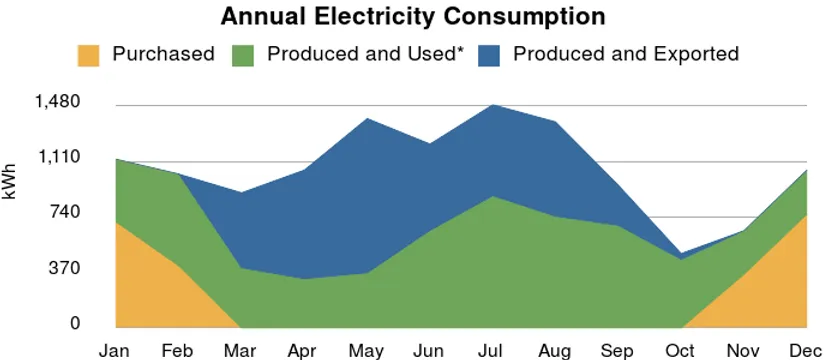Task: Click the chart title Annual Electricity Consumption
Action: point(413,16)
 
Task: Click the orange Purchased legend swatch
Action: point(88,56)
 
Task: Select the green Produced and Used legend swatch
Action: point(243,56)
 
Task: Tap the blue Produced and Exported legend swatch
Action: point(489,56)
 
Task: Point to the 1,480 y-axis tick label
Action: point(58,101)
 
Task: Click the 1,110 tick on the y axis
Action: point(58,157)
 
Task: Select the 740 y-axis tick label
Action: point(65,212)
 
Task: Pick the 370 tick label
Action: point(65,268)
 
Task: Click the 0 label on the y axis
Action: point(75,323)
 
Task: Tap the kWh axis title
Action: point(10,181)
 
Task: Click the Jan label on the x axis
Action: point(115,350)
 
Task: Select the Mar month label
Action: point(241,350)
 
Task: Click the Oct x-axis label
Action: point(681,350)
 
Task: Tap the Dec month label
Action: point(806,350)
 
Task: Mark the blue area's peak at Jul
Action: point(493,105)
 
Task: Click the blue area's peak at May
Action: point(367,118)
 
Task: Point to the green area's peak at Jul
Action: point(493,196)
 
